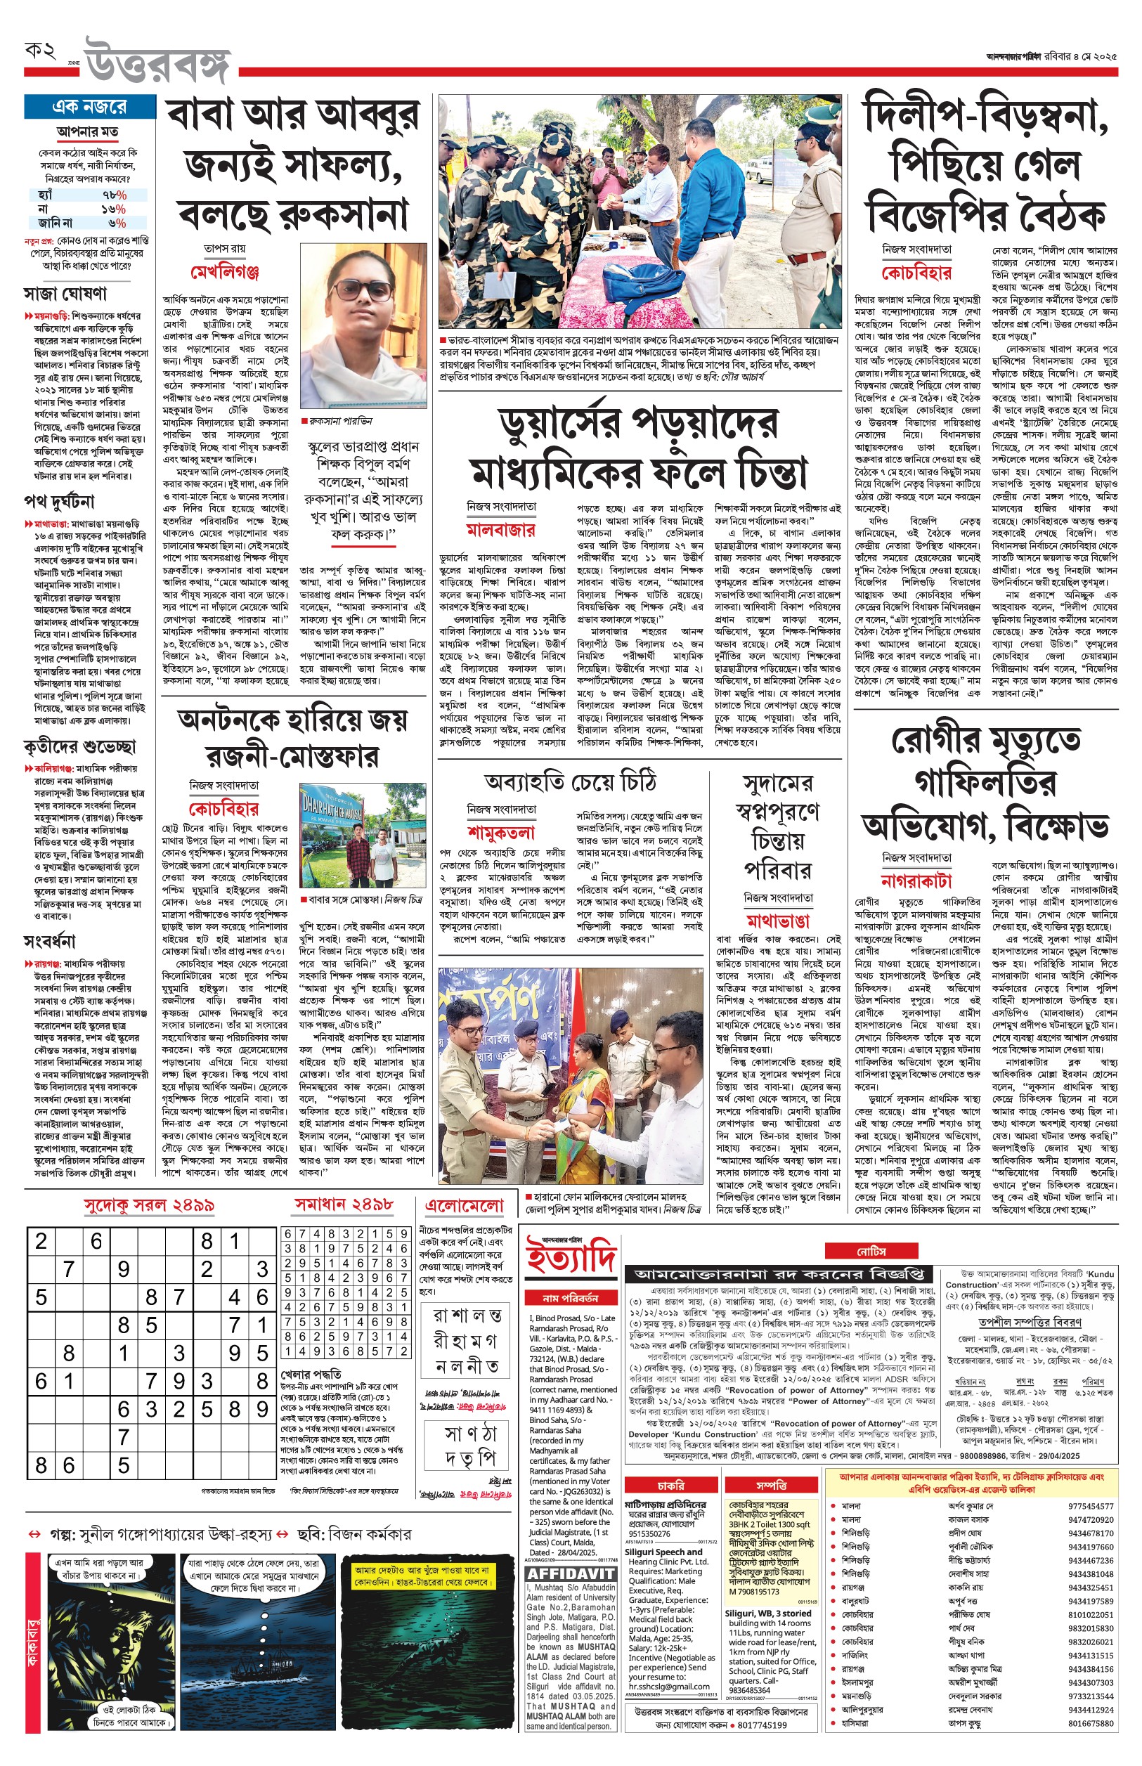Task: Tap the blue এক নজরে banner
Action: [90, 107]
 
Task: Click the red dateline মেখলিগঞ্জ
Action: [225, 272]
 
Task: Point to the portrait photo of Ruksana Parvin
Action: [363, 327]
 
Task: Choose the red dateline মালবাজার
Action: [500, 529]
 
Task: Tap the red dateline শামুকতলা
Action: [501, 832]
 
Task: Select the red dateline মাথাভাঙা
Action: [777, 921]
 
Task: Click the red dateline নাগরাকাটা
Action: [916, 881]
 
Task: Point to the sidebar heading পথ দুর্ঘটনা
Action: [59, 502]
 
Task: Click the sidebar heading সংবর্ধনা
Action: [50, 942]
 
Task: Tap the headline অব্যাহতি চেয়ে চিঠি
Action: [570, 781]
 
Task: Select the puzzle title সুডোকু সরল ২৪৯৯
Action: [149, 1205]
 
